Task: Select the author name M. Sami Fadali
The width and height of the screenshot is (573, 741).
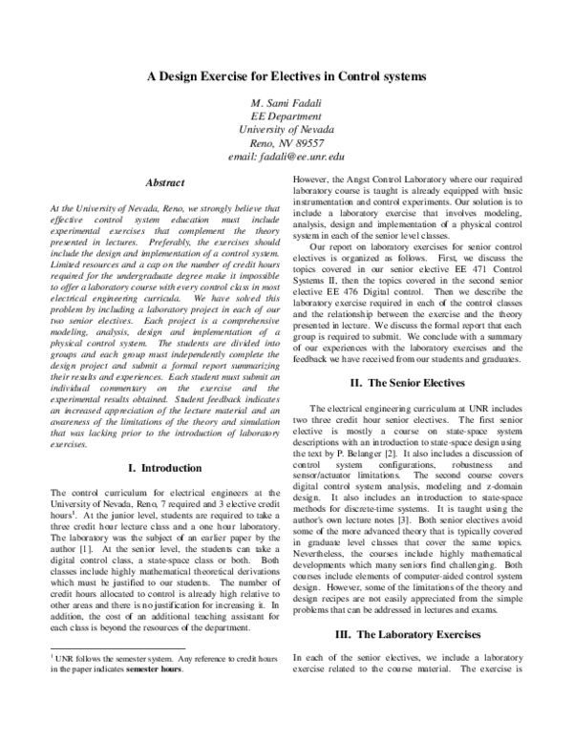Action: coord(286,102)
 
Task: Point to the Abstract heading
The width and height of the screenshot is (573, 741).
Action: coord(164,180)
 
